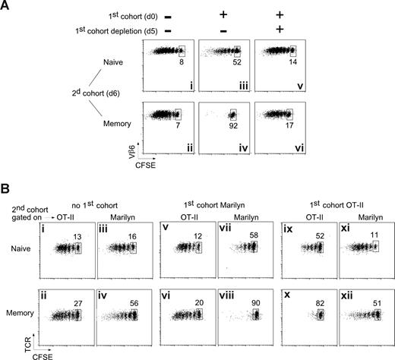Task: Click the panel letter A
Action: click(x=8, y=6)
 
